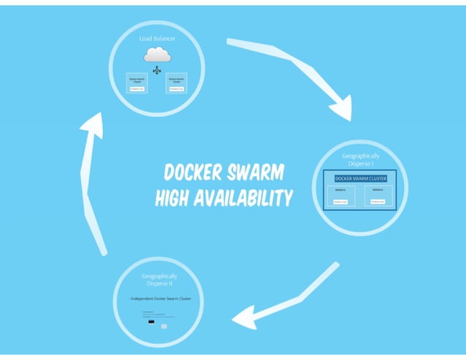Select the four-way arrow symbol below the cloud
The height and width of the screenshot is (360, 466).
point(156,70)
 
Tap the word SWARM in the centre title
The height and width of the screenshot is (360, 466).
point(254,173)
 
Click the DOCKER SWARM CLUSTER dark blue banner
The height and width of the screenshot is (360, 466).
point(359,178)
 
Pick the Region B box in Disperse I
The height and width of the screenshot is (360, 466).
point(378,196)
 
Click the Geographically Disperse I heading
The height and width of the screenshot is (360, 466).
point(361,161)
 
